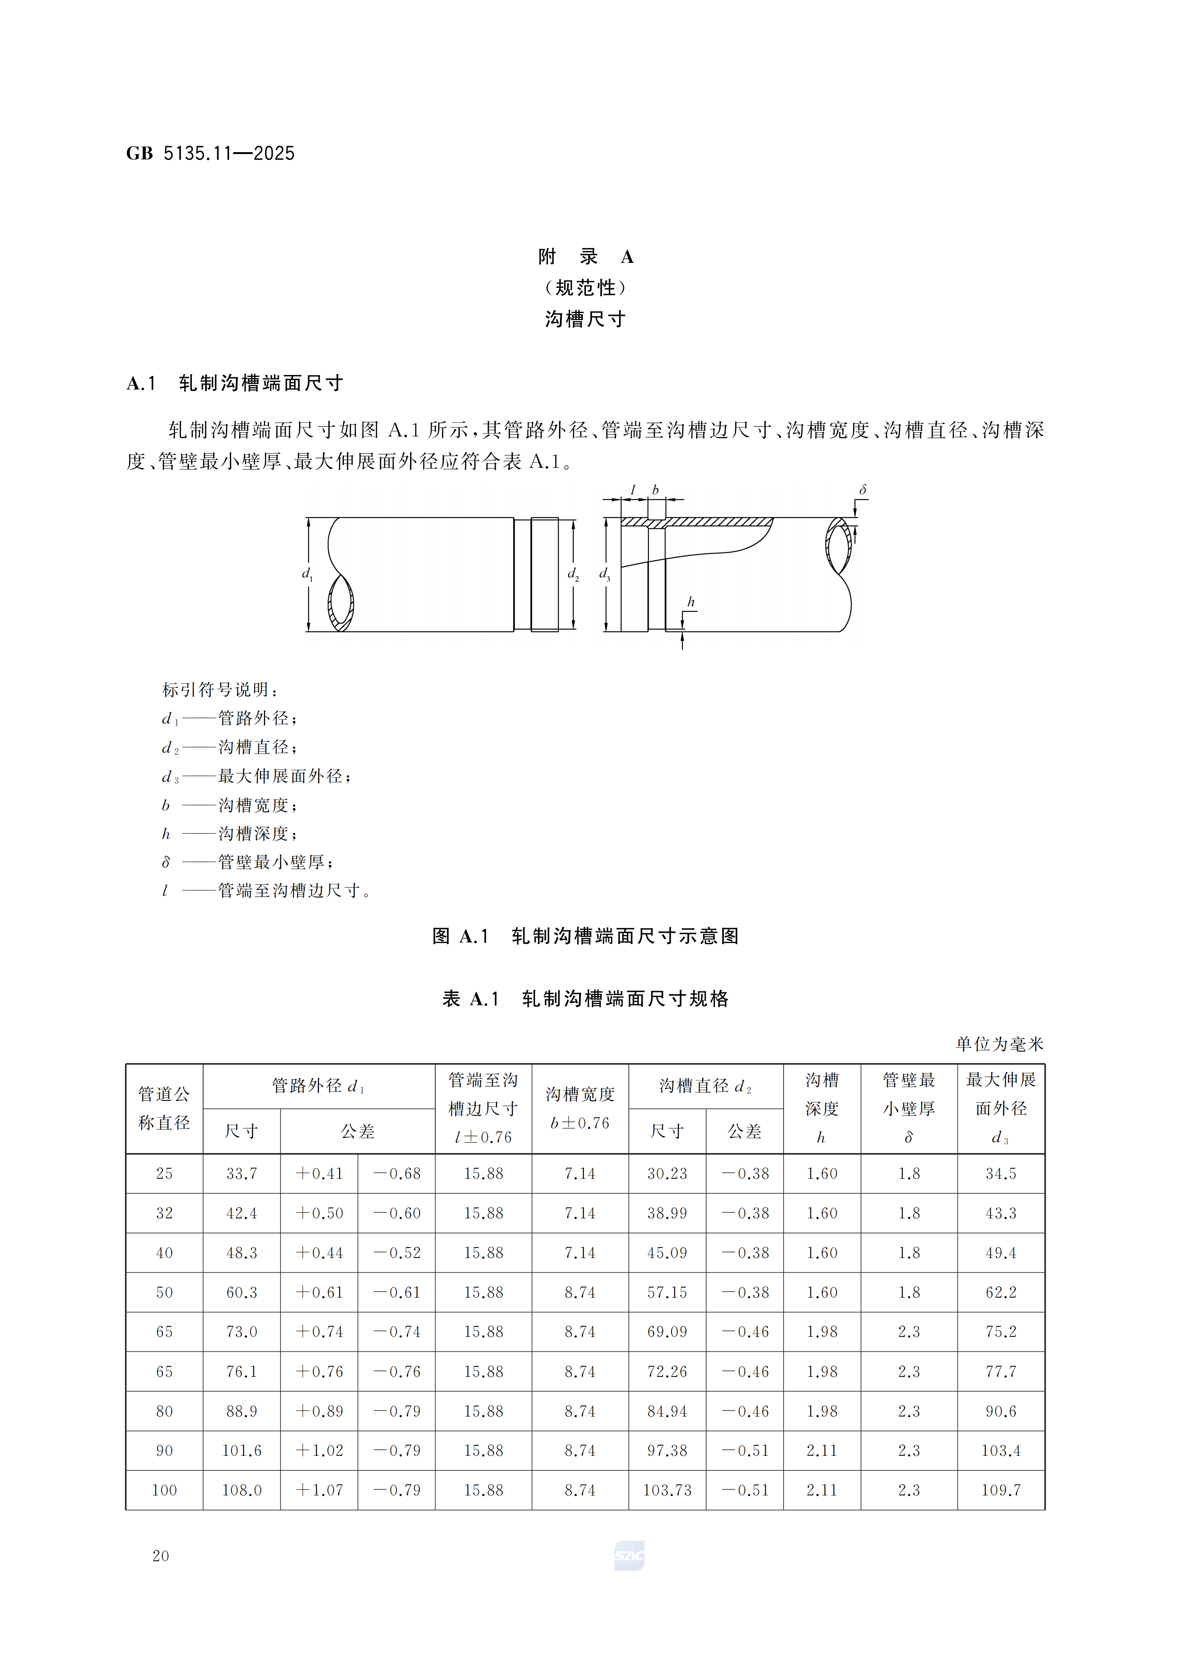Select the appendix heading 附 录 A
pyautogui.click(x=585, y=257)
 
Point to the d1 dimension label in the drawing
pyautogui.click(x=307, y=574)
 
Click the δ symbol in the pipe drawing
pyautogui.click(x=863, y=490)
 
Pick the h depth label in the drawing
pyautogui.click(x=691, y=602)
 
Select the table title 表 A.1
pyautogui.click(x=585, y=999)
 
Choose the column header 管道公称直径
pyautogui.click(x=164, y=1108)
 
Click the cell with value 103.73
pyautogui.click(x=667, y=1490)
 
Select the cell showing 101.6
pyautogui.click(x=242, y=1451)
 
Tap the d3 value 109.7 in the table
pyautogui.click(x=1000, y=1490)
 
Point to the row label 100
pyautogui.click(x=164, y=1490)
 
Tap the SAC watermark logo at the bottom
pyautogui.click(x=629, y=1555)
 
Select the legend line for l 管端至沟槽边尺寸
pyautogui.click(x=267, y=891)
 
